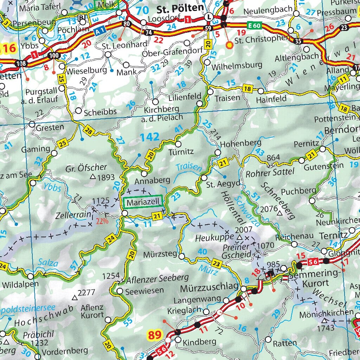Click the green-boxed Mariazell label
click(x=143, y=202)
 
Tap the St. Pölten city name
click(x=180, y=7)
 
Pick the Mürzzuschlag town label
click(x=210, y=288)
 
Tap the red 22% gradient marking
click(x=101, y=221)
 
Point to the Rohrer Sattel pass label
click(x=270, y=172)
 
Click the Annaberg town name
click(x=152, y=180)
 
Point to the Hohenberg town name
click(x=241, y=143)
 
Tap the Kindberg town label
click(x=199, y=341)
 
